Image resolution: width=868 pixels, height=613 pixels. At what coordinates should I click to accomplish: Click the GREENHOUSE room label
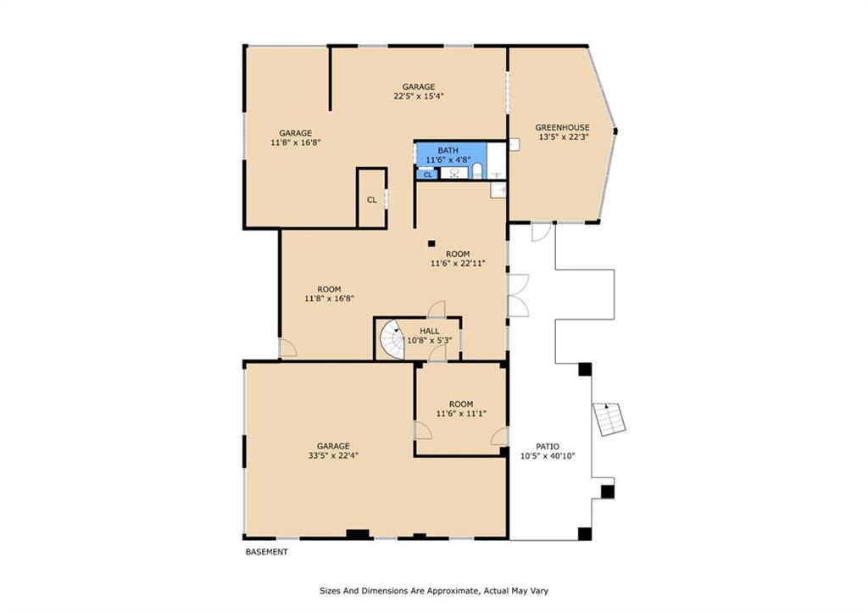coord(562,127)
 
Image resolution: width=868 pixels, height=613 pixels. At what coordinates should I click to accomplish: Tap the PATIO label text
coord(547,446)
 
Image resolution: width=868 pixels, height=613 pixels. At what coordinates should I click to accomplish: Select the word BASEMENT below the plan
coord(267,552)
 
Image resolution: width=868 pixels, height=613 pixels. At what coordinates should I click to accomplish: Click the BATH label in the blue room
coord(448,150)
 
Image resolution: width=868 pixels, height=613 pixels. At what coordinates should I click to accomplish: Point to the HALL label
coord(429,331)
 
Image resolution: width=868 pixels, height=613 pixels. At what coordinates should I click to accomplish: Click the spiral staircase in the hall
coord(392,339)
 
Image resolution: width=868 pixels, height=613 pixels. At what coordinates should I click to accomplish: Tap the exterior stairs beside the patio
coord(609,419)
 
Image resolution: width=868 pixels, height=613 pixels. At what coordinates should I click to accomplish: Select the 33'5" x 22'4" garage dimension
coord(333,456)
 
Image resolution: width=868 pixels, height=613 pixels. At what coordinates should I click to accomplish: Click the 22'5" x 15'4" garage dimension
coord(419,96)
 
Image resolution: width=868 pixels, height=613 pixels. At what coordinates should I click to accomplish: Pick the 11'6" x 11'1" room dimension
coord(461,414)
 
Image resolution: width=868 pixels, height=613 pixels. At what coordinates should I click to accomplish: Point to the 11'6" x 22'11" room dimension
coord(458,263)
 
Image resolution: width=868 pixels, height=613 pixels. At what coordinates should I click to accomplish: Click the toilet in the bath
coord(476,173)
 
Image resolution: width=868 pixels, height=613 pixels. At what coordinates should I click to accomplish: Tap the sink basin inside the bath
coord(454,173)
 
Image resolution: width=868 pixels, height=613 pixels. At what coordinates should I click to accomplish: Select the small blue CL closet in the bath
coord(427,174)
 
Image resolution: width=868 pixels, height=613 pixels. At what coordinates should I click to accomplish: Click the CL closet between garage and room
coord(371,199)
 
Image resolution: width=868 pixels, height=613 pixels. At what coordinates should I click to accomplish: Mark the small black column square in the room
coord(431,243)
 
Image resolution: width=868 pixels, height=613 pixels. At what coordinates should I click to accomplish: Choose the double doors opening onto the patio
coord(517,295)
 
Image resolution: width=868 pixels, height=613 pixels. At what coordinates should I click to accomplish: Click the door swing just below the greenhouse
coord(540,231)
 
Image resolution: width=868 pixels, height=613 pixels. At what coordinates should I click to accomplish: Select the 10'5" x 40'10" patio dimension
coord(548,456)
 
